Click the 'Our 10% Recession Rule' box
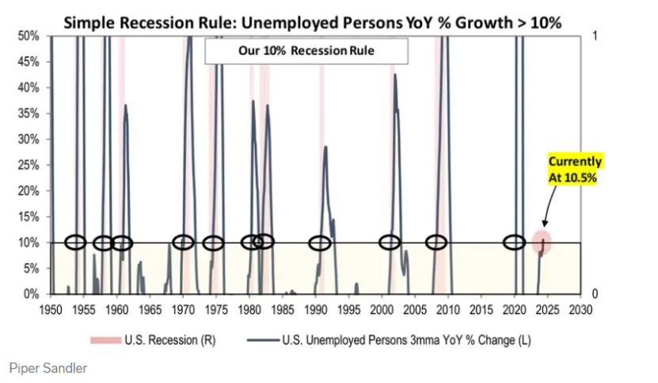click(x=306, y=52)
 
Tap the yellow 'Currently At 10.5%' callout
click(x=575, y=169)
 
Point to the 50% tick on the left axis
click(x=28, y=36)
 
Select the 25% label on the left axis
click(x=28, y=165)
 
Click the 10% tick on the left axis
click(x=28, y=243)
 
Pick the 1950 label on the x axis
click(x=51, y=308)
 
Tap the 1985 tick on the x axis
click(x=283, y=308)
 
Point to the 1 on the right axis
click(x=595, y=36)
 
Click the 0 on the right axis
click(x=595, y=294)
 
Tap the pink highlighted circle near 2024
click(x=542, y=242)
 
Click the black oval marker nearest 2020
click(x=515, y=242)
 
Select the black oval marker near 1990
click(x=320, y=243)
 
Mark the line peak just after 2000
click(x=394, y=75)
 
